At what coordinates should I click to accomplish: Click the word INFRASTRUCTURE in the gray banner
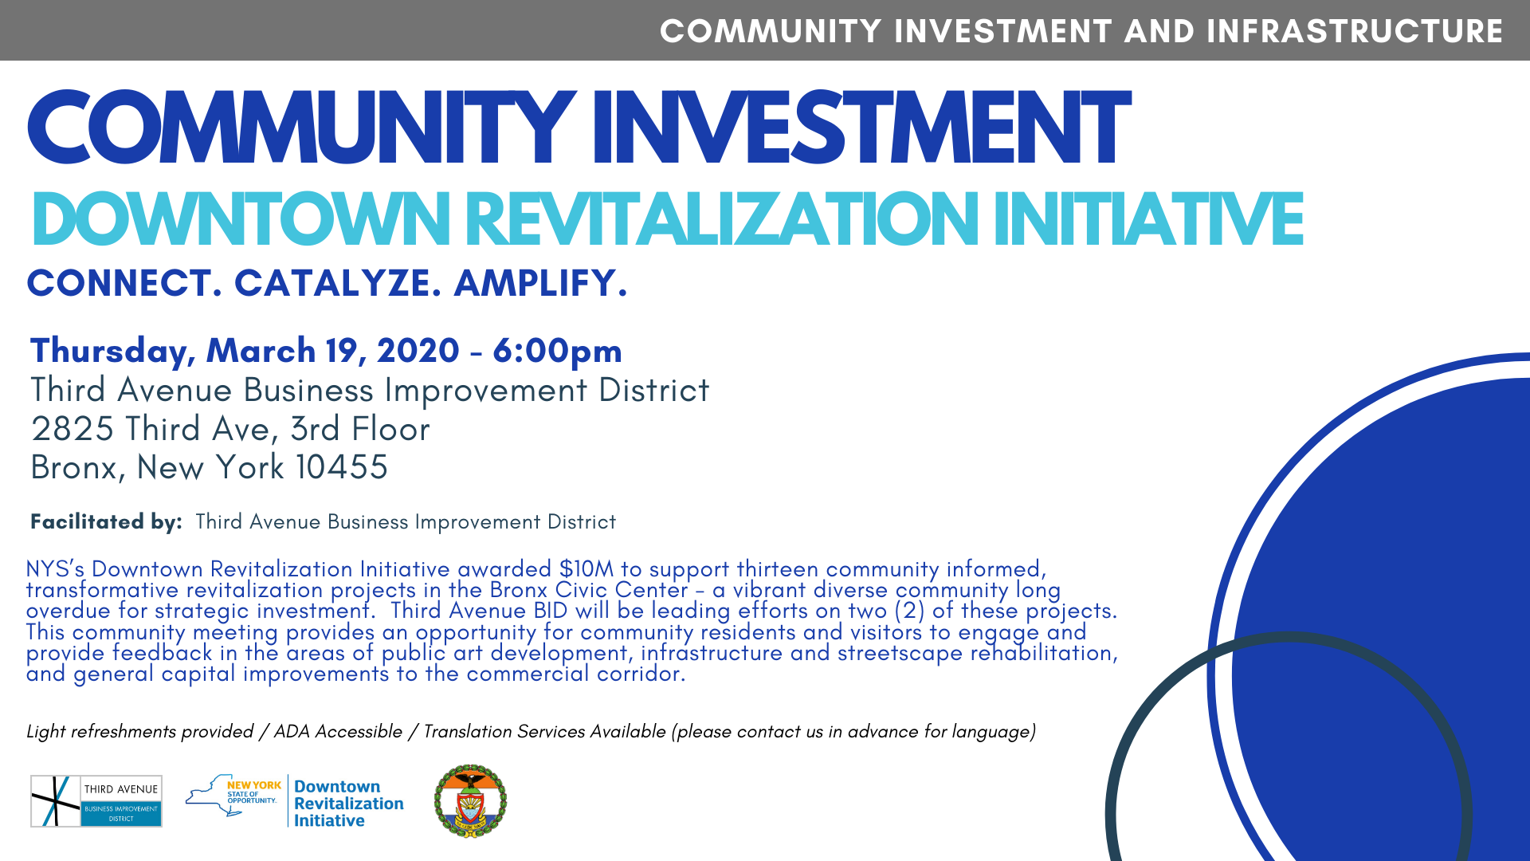[x=1355, y=31]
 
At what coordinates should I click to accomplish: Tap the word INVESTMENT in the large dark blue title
[x=861, y=128]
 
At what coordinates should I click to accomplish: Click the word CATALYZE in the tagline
[x=338, y=283]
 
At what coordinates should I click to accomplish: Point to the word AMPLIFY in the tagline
[x=540, y=283]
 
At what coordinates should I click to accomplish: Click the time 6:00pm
[x=557, y=351]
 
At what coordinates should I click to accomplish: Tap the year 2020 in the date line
[x=418, y=351]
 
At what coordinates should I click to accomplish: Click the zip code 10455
[x=342, y=467]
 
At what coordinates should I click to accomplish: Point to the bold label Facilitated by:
[x=106, y=521]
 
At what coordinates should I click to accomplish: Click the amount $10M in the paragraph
[x=586, y=569]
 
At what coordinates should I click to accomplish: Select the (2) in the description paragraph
[x=909, y=611]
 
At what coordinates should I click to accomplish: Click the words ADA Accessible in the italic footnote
[x=338, y=732]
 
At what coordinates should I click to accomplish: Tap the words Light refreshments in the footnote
[x=101, y=732]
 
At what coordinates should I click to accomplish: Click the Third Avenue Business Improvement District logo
[x=96, y=801]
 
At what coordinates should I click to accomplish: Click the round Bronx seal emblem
[x=470, y=801]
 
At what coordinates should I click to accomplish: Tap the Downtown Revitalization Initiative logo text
[x=349, y=804]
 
